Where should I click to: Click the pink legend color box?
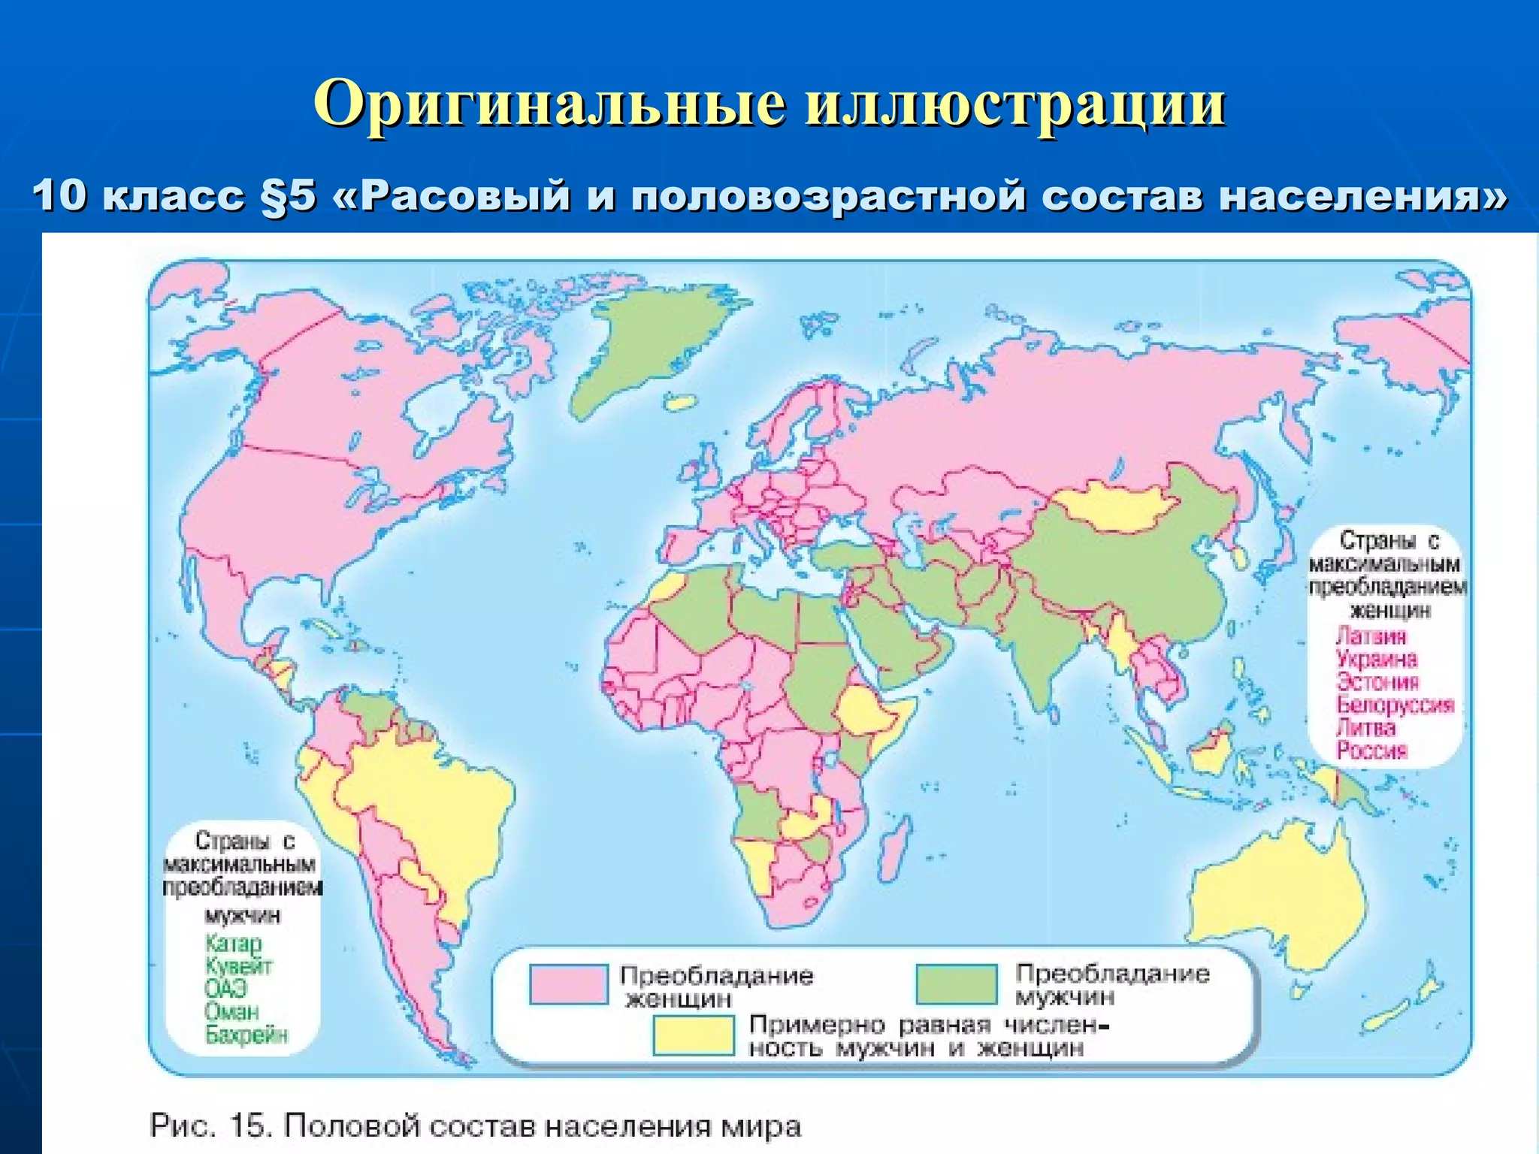[x=568, y=984]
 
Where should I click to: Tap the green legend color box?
[x=956, y=983]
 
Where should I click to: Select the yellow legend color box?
[x=693, y=1035]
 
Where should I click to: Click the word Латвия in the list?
[x=1371, y=636]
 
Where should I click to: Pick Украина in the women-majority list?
[x=1377, y=659]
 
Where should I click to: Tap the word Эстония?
[x=1377, y=681]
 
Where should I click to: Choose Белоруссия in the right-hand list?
[x=1395, y=705]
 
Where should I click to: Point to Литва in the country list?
[x=1366, y=727]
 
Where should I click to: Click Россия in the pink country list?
[x=1371, y=750]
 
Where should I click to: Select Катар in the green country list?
[x=233, y=943]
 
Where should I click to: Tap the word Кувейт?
[x=238, y=965]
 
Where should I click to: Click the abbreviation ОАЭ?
[x=225, y=988]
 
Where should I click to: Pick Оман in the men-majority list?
[x=231, y=1011]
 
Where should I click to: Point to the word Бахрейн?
[x=246, y=1035]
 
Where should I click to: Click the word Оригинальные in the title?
[x=550, y=104]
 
